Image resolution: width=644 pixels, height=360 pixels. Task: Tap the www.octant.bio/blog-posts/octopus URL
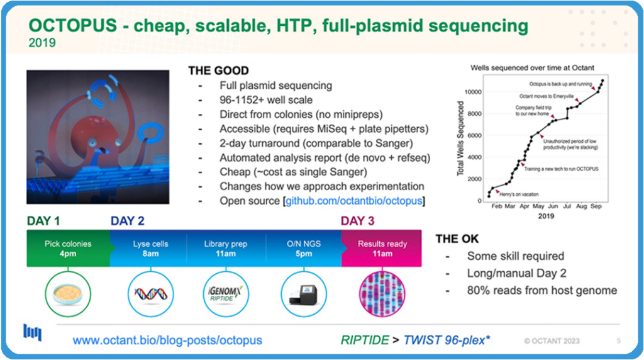point(167,340)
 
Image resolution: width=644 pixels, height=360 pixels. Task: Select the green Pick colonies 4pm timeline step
point(68,249)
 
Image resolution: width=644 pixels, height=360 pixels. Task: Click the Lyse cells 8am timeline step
point(150,249)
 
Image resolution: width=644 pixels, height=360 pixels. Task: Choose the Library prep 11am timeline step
point(226,249)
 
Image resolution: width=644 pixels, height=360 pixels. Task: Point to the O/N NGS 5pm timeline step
point(304,249)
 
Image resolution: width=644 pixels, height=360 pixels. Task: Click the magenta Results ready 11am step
point(382,249)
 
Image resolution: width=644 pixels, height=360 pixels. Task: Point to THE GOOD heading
point(218,70)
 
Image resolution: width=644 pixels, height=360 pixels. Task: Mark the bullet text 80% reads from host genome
point(541,290)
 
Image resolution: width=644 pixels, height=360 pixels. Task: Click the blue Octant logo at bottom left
point(32,333)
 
